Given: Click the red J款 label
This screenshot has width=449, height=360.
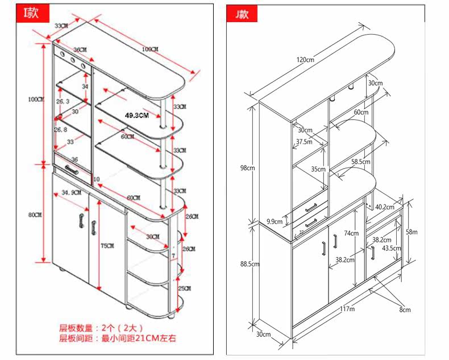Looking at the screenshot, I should (242, 14).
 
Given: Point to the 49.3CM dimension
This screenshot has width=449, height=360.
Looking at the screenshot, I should (136, 115).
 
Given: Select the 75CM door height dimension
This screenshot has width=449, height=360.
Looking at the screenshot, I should (107, 245).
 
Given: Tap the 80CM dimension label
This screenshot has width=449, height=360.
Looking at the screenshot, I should (34, 215).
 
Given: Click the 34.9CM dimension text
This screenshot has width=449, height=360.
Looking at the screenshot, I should (71, 193).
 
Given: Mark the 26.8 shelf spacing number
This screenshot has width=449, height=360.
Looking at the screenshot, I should (61, 129).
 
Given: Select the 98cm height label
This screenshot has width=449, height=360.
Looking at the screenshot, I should (247, 168).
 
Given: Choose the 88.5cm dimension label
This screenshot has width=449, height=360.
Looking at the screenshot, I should (249, 264).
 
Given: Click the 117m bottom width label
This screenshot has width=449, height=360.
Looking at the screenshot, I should (347, 309).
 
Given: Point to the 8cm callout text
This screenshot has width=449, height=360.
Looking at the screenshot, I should (404, 309).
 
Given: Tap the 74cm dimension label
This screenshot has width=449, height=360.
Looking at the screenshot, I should (351, 233).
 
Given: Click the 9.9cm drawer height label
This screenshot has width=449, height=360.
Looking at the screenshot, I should (275, 221).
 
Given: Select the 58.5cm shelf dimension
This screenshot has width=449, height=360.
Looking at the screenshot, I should (360, 162).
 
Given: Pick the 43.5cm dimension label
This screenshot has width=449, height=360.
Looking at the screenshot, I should (390, 248).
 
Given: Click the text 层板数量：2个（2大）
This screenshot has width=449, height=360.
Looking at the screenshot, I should (101, 328).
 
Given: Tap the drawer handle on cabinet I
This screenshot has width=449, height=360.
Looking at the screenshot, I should (72, 169).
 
